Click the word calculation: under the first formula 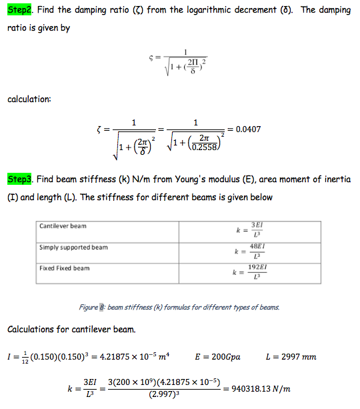(x=29, y=99)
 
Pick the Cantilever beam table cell (x=63, y=226)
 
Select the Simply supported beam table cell (x=73, y=248)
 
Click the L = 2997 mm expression (x=291, y=357)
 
